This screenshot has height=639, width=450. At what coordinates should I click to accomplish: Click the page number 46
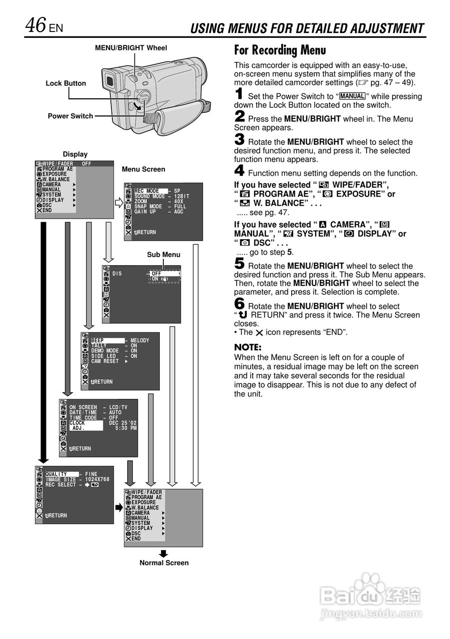pyautogui.click(x=36, y=25)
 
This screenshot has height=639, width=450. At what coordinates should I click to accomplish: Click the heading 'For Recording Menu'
pyautogui.click(x=280, y=50)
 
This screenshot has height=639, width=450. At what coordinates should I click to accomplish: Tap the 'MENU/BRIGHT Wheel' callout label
pyautogui.click(x=131, y=48)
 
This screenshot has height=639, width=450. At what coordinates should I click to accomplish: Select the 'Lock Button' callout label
pyautogui.click(x=66, y=83)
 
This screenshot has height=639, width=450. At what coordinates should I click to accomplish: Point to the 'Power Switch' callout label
pyautogui.click(x=70, y=116)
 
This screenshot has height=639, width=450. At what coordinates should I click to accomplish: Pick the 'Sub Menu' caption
pyautogui.click(x=163, y=255)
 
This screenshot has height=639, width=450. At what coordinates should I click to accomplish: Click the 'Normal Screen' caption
pyautogui.click(x=164, y=563)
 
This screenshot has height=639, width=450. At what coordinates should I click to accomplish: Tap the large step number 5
pyautogui.click(x=239, y=264)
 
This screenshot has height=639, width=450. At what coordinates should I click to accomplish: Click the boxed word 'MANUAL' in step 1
pyautogui.click(x=352, y=96)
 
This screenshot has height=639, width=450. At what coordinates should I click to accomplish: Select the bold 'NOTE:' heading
pyautogui.click(x=248, y=347)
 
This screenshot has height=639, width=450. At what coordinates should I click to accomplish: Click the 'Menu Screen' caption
pyautogui.click(x=143, y=169)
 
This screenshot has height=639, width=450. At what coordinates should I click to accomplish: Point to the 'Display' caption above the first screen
pyautogui.click(x=75, y=154)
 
